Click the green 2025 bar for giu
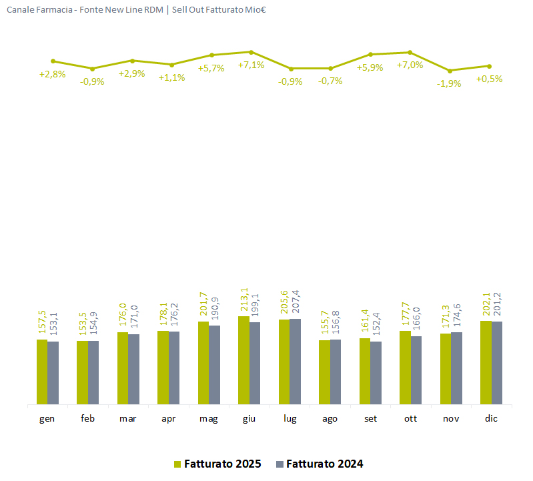click(243, 360)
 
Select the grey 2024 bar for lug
click(295, 362)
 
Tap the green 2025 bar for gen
click(42, 372)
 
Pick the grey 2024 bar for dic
click(497, 363)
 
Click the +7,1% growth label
click(251, 65)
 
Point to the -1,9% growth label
click(449, 83)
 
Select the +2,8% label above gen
click(52, 74)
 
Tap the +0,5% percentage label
click(489, 78)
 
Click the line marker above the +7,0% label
click(410, 52)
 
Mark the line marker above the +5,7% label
click(211, 55)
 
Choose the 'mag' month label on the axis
click(209, 418)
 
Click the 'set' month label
click(370, 418)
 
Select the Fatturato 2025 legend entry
click(217, 464)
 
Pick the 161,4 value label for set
click(365, 322)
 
